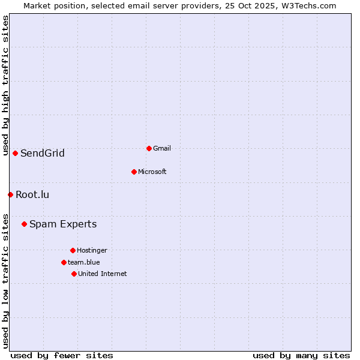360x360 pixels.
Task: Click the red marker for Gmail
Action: click(x=149, y=148)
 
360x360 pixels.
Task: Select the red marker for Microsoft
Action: click(x=134, y=172)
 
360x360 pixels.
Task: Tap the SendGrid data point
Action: click(x=15, y=153)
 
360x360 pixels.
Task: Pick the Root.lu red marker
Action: click(x=10, y=194)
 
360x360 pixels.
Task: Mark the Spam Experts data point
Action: click(x=24, y=224)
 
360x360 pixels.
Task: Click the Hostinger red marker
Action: click(x=73, y=250)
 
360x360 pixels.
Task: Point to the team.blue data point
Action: click(x=64, y=262)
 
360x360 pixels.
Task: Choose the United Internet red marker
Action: click(x=74, y=274)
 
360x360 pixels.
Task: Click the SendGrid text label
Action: click(x=42, y=153)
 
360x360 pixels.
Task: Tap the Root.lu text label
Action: click(x=32, y=194)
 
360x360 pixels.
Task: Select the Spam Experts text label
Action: click(x=63, y=224)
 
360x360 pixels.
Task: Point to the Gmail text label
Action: click(x=162, y=148)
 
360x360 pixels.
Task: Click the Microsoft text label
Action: click(x=152, y=172)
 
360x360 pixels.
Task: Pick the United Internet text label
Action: click(x=102, y=274)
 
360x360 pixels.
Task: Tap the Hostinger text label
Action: click(x=92, y=250)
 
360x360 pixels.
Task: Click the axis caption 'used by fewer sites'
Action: click(x=62, y=355)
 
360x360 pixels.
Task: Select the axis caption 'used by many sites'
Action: click(x=301, y=355)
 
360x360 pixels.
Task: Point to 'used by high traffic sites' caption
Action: click(x=5, y=85)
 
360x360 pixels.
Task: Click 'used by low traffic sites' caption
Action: click(x=5, y=281)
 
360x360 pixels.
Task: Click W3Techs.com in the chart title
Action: click(x=308, y=5)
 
